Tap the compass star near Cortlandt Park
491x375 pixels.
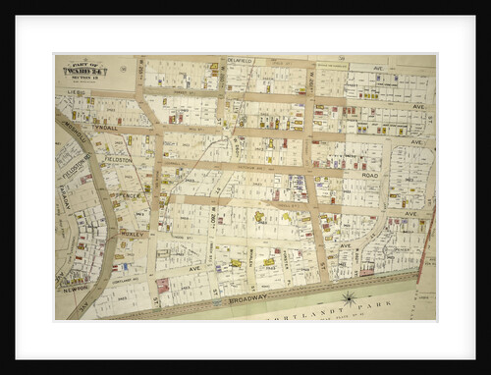348,298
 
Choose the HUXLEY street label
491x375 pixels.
133,236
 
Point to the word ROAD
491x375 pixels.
369,176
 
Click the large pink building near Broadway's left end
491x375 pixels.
162,285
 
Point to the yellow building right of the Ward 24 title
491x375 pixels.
213,68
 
